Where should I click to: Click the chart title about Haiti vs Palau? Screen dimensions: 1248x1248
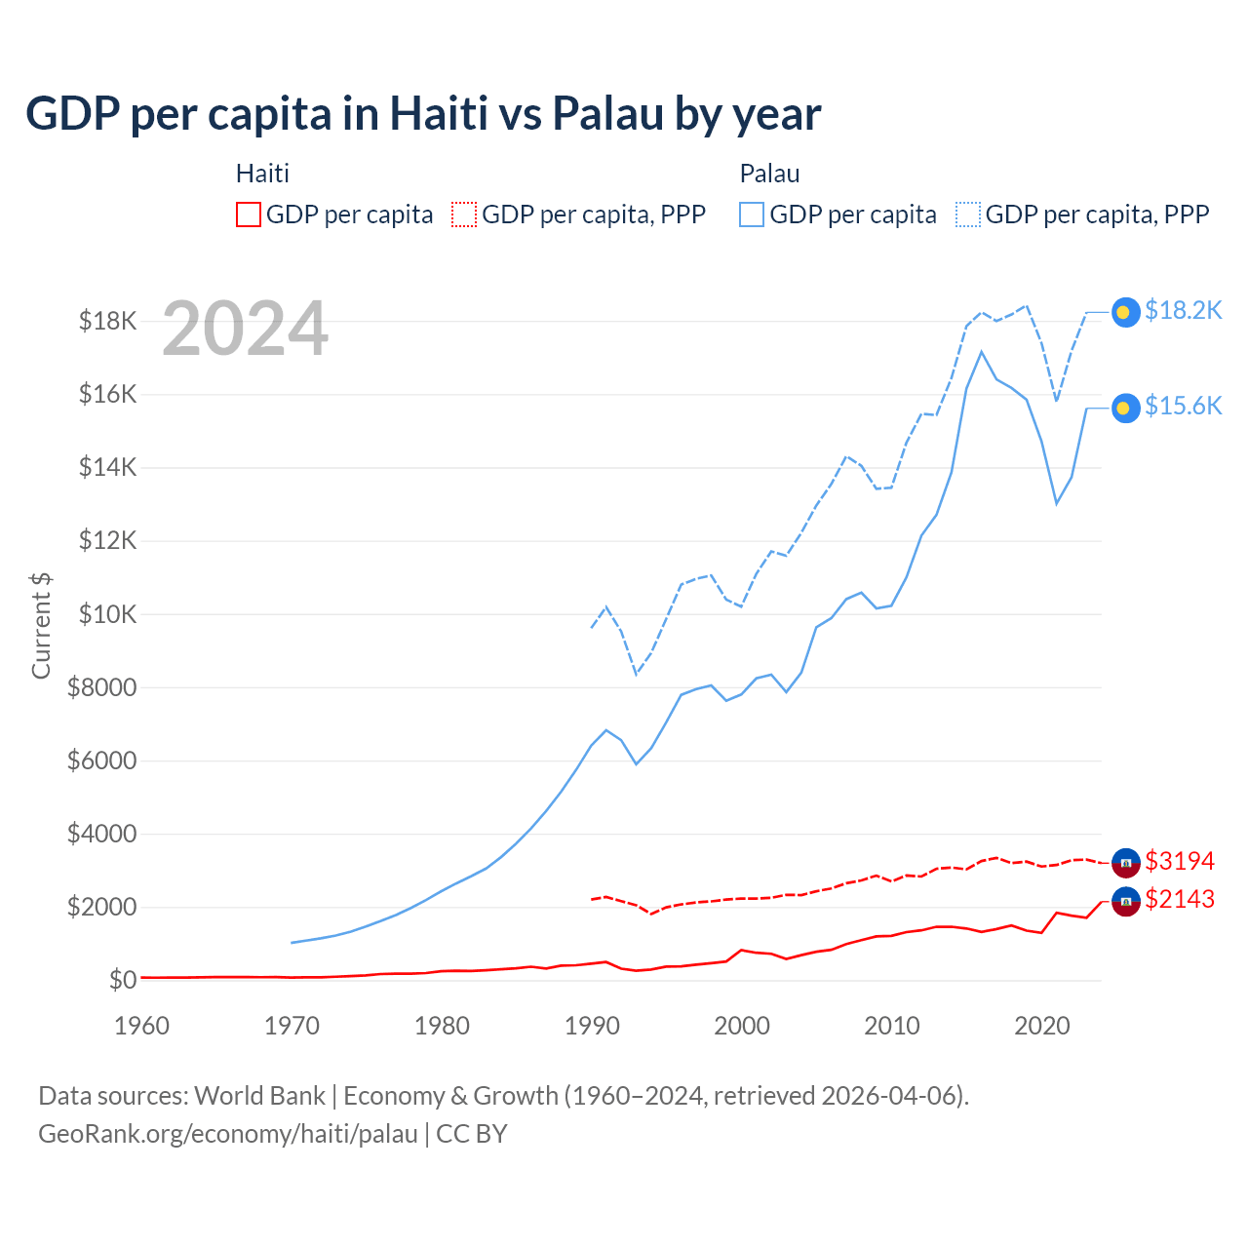[423, 114]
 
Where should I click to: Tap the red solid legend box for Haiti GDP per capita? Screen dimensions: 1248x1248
[249, 214]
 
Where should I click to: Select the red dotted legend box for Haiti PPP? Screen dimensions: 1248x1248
[464, 214]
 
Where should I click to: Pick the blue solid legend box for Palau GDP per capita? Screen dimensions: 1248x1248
[752, 214]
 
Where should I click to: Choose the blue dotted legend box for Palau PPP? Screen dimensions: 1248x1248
[967, 214]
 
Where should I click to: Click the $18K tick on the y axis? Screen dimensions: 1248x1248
[108, 321]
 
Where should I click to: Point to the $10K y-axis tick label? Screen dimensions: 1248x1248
[108, 614]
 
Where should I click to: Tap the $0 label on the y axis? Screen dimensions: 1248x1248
[122, 980]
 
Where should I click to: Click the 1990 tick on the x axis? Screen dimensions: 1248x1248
[592, 1026]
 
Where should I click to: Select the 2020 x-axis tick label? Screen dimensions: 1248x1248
[1042, 1026]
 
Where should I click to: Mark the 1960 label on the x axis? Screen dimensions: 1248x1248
[142, 1026]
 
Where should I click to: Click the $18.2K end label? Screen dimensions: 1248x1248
[1183, 310]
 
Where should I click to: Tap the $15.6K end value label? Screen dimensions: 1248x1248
[1183, 406]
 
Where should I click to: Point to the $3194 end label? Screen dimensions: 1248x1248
[1180, 861]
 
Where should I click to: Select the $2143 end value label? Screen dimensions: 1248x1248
[1180, 899]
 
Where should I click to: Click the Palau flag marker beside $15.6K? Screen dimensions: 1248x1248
[1125, 409]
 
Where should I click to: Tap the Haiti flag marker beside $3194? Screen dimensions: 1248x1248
[1126, 863]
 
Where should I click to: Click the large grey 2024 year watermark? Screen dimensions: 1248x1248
[245, 329]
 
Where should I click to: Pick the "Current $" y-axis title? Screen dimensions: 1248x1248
[41, 626]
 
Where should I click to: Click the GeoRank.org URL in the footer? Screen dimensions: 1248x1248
[228, 1134]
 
